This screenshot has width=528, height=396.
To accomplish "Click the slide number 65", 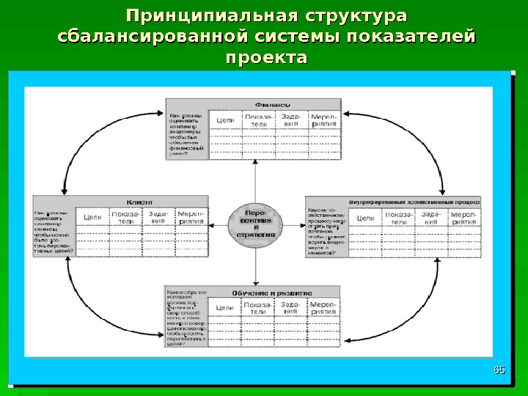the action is click(x=500, y=369).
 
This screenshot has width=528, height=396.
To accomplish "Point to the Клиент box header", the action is click(x=139, y=200).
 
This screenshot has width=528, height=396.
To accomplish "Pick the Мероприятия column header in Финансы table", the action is click(x=323, y=120).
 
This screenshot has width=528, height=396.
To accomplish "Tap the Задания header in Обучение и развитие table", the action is click(x=290, y=308).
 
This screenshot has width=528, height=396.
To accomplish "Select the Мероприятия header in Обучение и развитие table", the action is click(x=323, y=308).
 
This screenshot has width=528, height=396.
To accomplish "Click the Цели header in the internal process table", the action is click(x=365, y=217).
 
